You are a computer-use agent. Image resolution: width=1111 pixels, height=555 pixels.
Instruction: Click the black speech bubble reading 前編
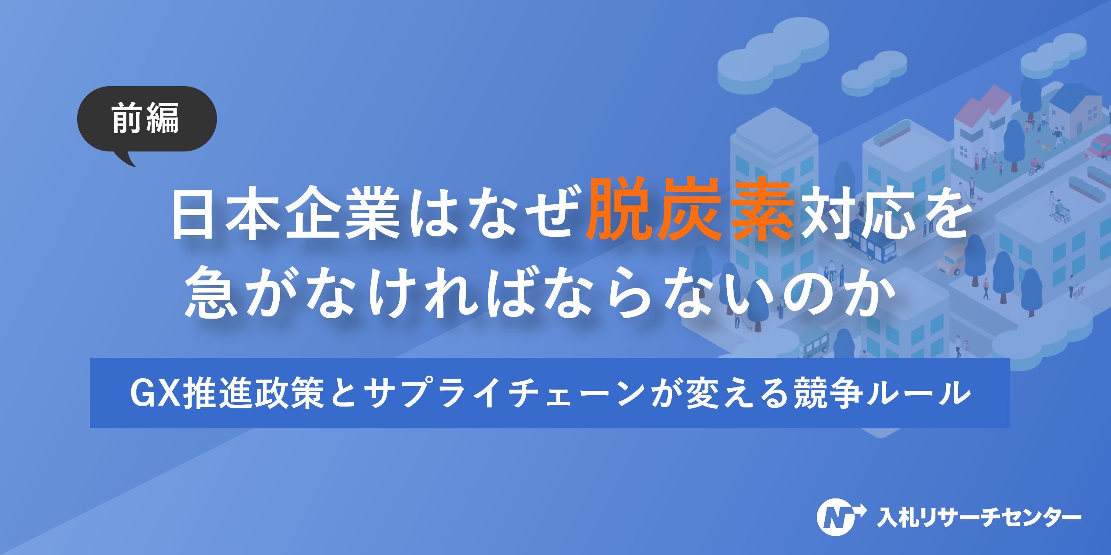tap(146, 119)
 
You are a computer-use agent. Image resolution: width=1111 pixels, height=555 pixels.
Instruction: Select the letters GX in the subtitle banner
tap(155, 393)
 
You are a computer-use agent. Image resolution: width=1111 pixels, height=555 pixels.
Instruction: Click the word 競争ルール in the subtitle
tap(882, 393)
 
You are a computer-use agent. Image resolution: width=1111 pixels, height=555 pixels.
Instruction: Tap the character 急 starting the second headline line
tap(211, 292)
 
